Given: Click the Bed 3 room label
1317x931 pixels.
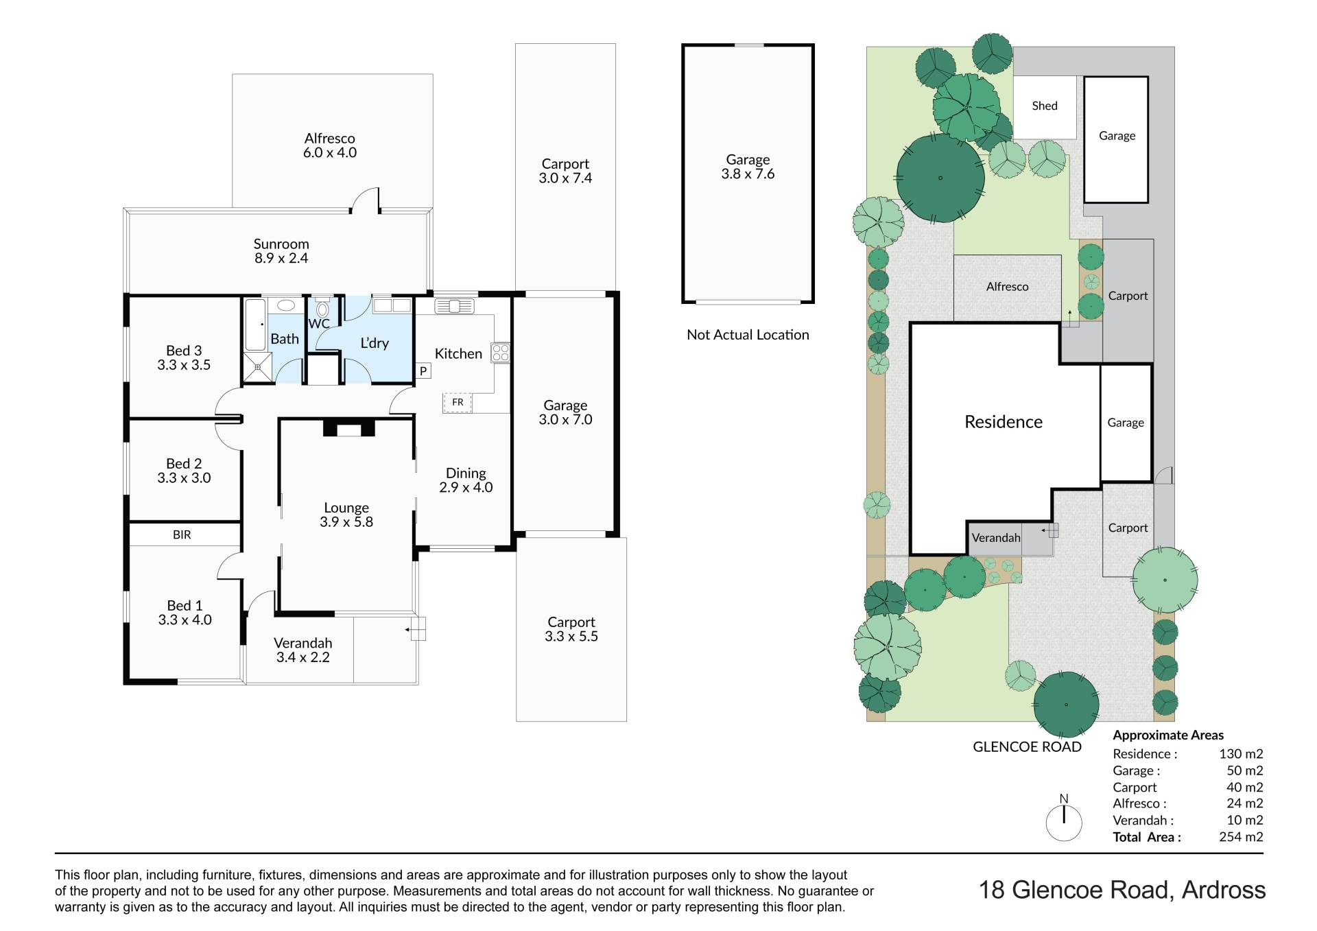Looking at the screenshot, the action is click(184, 357).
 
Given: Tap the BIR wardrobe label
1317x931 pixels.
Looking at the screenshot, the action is click(182, 534).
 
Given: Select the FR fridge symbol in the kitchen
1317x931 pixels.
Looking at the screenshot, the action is click(458, 402).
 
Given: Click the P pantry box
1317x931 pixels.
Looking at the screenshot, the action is click(423, 371).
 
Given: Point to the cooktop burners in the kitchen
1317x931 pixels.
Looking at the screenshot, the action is click(501, 353).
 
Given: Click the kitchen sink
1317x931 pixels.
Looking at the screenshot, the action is click(454, 305).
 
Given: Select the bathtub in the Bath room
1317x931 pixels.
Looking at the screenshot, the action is click(255, 325).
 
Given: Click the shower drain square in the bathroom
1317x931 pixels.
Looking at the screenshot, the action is click(258, 367).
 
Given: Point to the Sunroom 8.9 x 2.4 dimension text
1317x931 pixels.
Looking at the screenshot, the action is click(281, 251).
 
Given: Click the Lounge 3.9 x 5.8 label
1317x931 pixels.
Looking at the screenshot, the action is click(346, 515).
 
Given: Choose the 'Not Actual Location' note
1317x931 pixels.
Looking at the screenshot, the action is click(748, 335).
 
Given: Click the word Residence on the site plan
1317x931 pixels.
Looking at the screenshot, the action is click(1004, 422).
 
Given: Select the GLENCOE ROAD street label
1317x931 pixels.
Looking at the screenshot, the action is click(1027, 747).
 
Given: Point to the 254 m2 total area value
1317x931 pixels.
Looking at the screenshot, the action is click(1241, 837).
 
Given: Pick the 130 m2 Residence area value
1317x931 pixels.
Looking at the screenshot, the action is click(1241, 754).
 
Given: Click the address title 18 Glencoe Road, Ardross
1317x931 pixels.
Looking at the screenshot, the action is click(1122, 890).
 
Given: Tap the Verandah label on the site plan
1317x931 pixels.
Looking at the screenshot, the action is click(996, 538).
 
